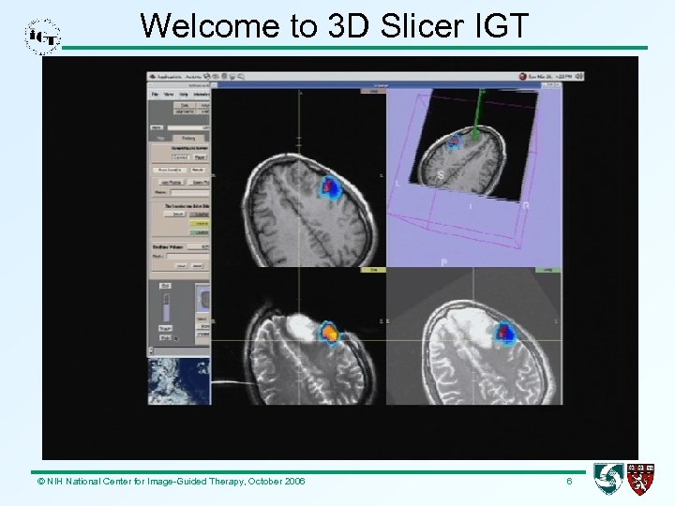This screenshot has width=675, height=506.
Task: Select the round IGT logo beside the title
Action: pyautogui.click(x=43, y=36)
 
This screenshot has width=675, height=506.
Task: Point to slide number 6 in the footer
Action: pyautogui.click(x=569, y=481)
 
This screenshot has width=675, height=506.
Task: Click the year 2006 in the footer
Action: pyautogui.click(x=292, y=481)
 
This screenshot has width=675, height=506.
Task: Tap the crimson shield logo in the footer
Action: pyautogui.click(x=641, y=479)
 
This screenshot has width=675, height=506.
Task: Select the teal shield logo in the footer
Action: pyautogui.click(x=608, y=479)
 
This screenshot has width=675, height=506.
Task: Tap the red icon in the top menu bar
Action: pyautogui.click(x=522, y=76)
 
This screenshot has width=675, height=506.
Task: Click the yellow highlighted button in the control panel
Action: pyautogui.click(x=199, y=223)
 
